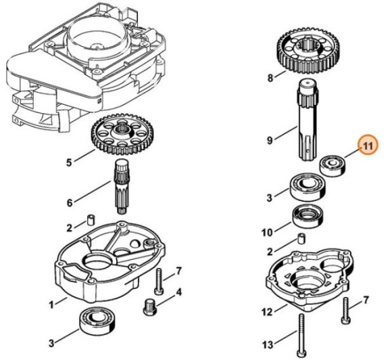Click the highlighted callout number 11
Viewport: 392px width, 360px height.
click(x=368, y=146)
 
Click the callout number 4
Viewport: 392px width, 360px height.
click(x=178, y=293)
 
